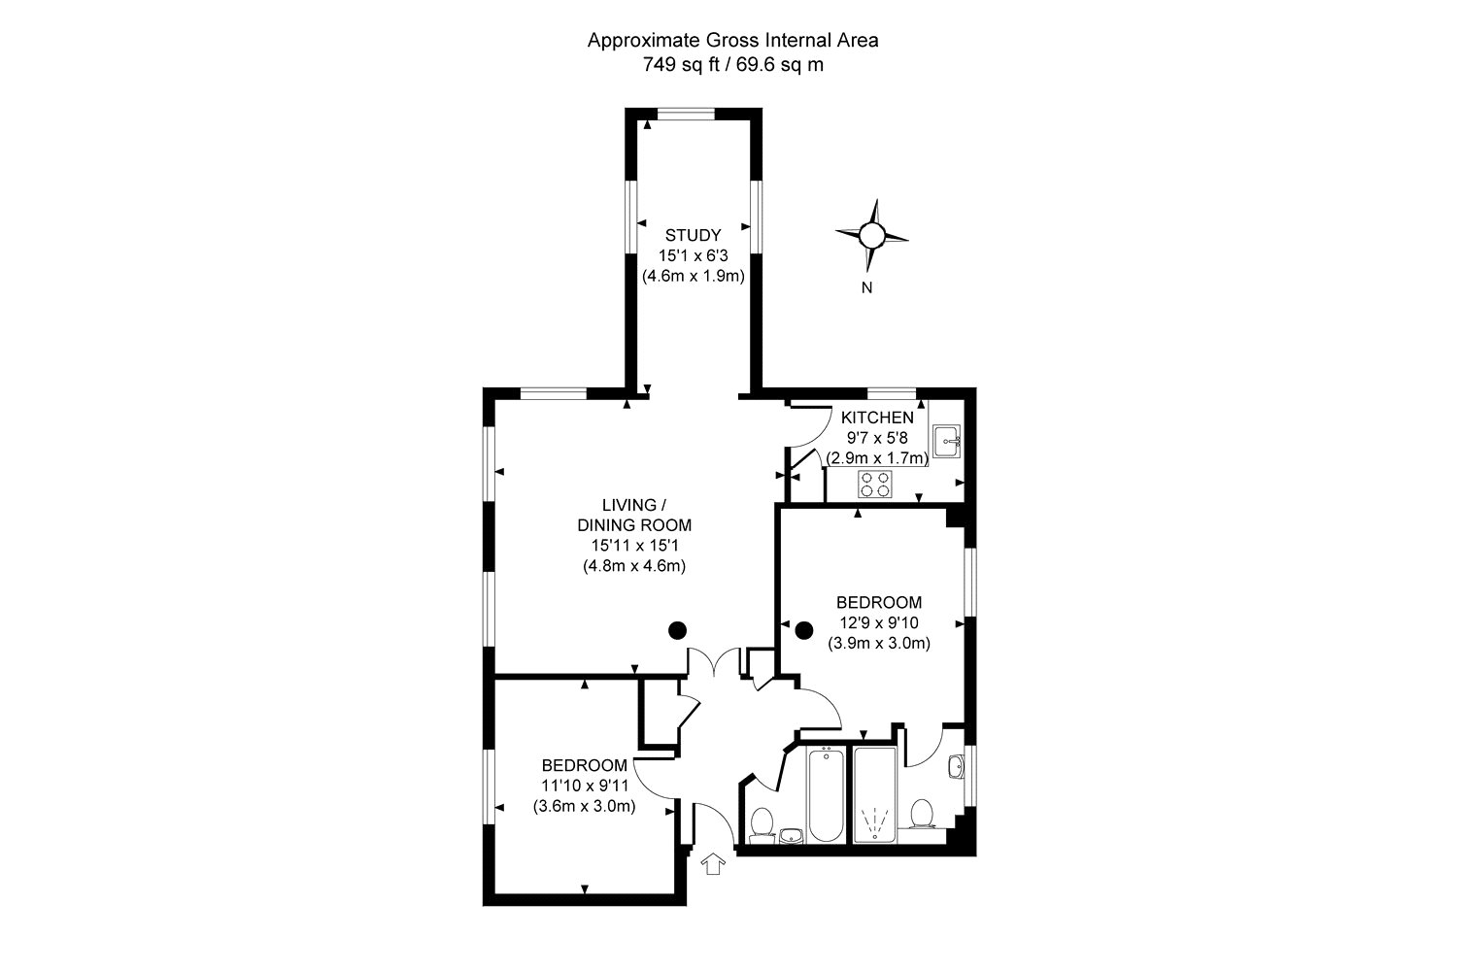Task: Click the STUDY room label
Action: click(693, 235)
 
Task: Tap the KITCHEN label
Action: click(877, 418)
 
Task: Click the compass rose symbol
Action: click(871, 235)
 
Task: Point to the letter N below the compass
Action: click(866, 287)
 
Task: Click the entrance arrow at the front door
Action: click(713, 863)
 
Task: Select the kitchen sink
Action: click(946, 442)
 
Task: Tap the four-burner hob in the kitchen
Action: click(875, 484)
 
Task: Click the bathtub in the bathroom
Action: click(826, 794)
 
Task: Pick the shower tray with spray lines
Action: click(875, 794)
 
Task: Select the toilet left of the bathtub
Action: click(761, 823)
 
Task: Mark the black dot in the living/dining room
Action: click(678, 630)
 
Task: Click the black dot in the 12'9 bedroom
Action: click(804, 629)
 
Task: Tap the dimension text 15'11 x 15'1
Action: click(634, 546)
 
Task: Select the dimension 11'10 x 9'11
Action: click(584, 786)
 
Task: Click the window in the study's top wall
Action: click(686, 115)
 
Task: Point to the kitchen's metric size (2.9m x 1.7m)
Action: click(877, 458)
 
